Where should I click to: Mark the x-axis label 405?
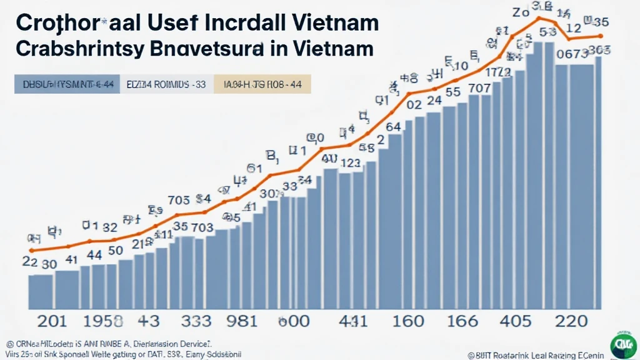[x=520, y=322]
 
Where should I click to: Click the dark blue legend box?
[x=64, y=84]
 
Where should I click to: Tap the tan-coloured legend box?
[x=262, y=84]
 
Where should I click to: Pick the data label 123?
[x=348, y=164]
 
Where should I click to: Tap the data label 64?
[x=393, y=127]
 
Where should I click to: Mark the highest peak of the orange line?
[x=539, y=19]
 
